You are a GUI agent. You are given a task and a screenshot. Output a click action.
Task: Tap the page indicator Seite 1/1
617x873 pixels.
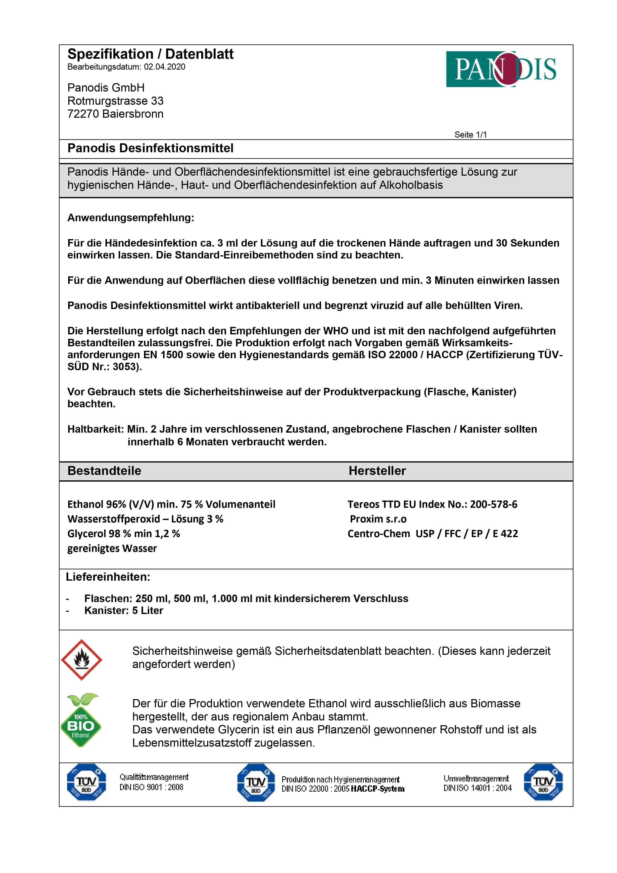470,135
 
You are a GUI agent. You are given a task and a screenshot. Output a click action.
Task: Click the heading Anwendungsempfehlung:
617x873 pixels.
130,218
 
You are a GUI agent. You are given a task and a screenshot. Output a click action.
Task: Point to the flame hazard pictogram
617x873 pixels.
81,660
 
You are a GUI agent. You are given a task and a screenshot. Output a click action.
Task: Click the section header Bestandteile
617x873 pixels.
104,471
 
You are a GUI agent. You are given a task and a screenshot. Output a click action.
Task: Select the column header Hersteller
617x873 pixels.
377,471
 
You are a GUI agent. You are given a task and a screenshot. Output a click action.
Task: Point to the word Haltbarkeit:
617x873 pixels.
95,429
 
